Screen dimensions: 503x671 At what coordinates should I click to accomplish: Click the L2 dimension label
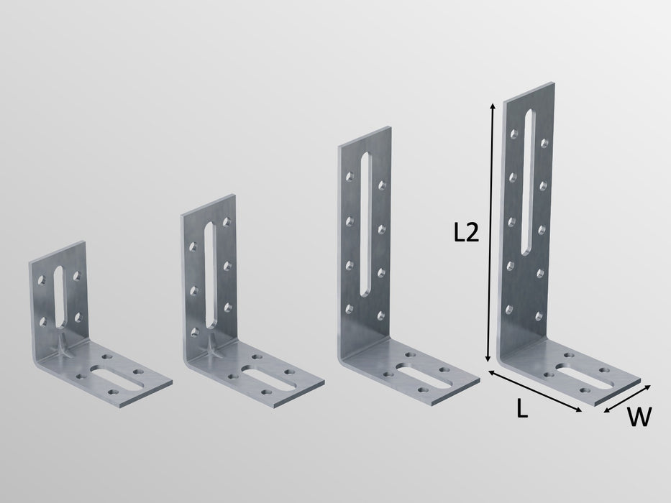[x=466, y=234]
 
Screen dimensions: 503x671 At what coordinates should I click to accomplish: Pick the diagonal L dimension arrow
[x=534, y=392]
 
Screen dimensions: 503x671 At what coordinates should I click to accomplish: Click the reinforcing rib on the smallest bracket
[x=64, y=347]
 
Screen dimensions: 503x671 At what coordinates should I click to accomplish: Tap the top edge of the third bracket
[x=364, y=136]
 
